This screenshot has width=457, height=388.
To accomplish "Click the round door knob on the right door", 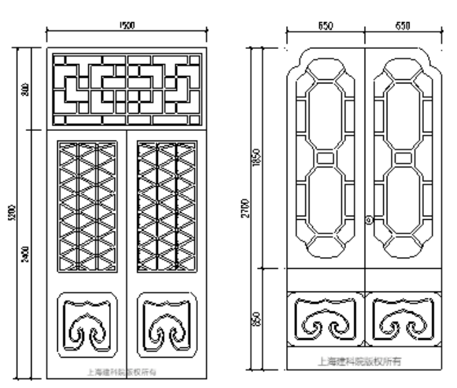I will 369,221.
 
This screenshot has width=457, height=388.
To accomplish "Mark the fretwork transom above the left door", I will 128,88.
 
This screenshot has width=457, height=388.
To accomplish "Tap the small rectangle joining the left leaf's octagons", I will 325,158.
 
